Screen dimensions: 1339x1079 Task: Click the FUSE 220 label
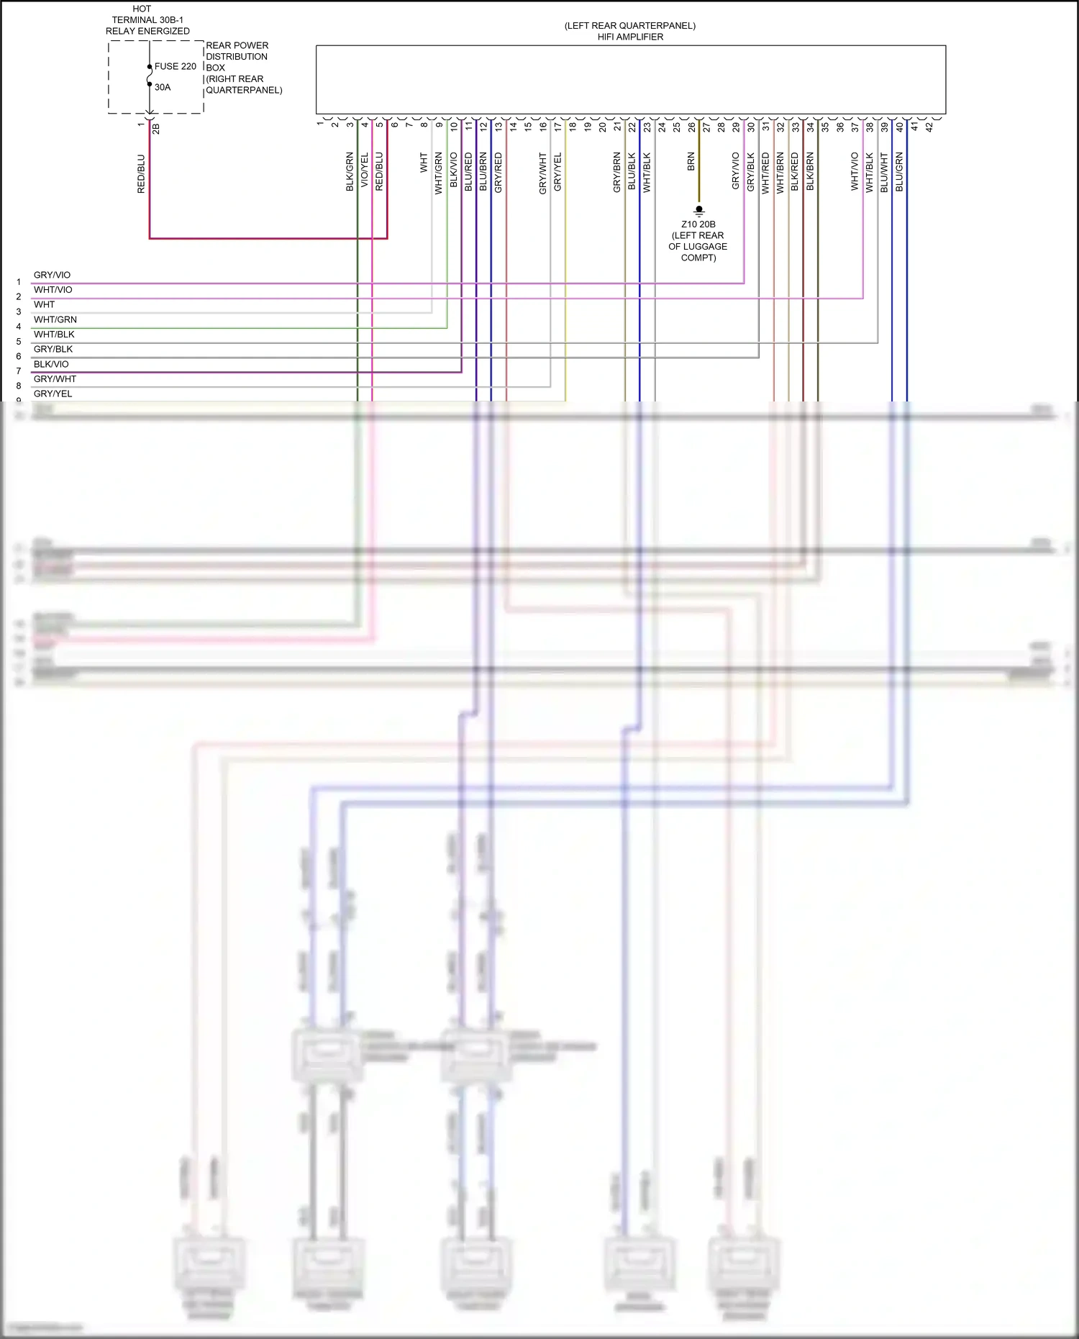click(x=175, y=66)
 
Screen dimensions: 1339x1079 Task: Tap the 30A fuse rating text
click(x=163, y=87)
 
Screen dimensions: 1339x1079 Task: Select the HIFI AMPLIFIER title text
click(x=630, y=37)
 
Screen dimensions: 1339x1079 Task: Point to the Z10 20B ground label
click(x=698, y=224)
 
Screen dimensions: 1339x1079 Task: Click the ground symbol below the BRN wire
click(x=698, y=211)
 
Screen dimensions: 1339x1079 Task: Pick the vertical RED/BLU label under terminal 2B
click(x=141, y=173)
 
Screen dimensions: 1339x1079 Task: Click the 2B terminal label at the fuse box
click(x=156, y=129)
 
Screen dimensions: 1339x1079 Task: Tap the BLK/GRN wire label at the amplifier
click(x=350, y=171)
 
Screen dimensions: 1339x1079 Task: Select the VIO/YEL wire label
click(x=365, y=171)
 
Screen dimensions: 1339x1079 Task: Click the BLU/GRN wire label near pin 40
click(x=899, y=171)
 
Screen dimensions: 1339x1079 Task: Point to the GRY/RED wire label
click(x=498, y=172)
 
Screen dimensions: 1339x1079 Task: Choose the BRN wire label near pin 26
click(x=691, y=161)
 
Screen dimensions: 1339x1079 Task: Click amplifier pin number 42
click(x=929, y=127)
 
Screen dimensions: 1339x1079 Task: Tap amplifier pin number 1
click(x=320, y=124)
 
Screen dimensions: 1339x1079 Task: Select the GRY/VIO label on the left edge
click(x=52, y=275)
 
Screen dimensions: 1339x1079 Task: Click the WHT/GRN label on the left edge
click(x=55, y=319)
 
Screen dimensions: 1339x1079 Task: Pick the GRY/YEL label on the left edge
click(x=53, y=394)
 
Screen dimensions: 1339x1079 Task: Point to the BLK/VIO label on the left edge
click(x=51, y=364)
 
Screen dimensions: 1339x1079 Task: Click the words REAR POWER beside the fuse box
click(x=237, y=45)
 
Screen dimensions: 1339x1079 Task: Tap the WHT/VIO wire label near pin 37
click(x=855, y=171)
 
